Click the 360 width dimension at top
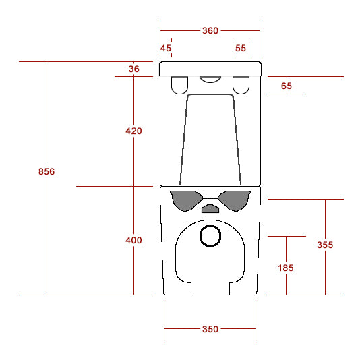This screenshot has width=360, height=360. coord(210,30)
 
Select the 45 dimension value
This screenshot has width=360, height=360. coord(166,48)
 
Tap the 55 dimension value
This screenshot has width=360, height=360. coord(241,48)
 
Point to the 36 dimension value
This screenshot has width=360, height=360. coord(133,69)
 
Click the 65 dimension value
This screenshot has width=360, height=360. coord(287,86)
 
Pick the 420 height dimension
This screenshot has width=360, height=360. coord(133,131)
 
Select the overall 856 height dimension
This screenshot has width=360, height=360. coord(47,172)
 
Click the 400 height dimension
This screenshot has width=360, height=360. coord(133,241)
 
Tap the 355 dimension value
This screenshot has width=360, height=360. coord(325,245)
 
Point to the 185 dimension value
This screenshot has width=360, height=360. coord(286,268)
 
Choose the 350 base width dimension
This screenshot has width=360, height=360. coord(210,329)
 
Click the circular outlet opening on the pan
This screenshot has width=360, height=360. coord(211,236)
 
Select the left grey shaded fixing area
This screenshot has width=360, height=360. coord(186,200)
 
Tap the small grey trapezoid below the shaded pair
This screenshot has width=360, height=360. coord(211,208)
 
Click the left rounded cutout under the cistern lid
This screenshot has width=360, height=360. coord(180,85)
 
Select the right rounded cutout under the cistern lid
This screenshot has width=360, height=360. coord(241,85)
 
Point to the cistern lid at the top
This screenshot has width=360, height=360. coord(210,68)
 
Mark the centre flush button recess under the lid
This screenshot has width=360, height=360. coord(210,79)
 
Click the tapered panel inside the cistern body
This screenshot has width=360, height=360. coord(210,138)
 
